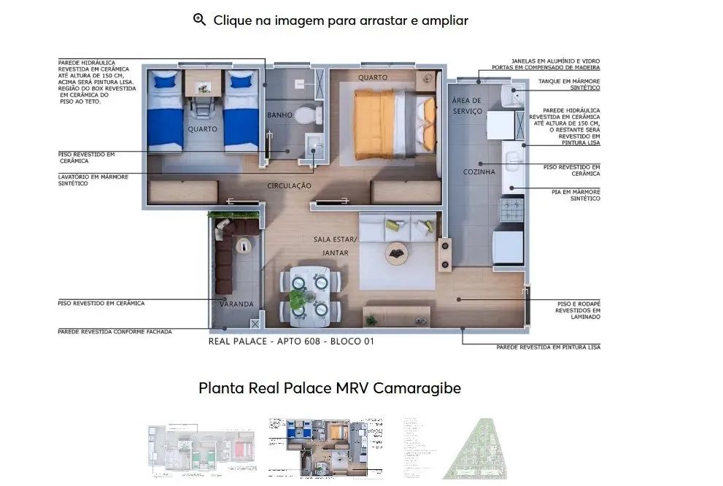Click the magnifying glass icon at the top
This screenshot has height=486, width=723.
(199, 20)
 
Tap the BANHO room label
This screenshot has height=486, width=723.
(279, 115)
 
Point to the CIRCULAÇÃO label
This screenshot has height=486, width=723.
(289, 186)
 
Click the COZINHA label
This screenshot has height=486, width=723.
(479, 172)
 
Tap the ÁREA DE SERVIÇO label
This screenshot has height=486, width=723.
(467, 106)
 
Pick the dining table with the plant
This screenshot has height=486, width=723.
(309, 294)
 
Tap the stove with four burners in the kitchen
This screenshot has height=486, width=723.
(508, 211)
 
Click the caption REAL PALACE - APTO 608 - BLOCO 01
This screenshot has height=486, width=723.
(291, 341)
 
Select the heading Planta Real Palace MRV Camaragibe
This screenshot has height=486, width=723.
(330, 388)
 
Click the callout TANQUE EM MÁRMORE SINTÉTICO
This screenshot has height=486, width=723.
(568, 85)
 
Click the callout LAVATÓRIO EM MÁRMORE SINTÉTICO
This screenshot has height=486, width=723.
(93, 180)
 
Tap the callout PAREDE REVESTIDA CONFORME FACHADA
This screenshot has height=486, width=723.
(115, 331)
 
